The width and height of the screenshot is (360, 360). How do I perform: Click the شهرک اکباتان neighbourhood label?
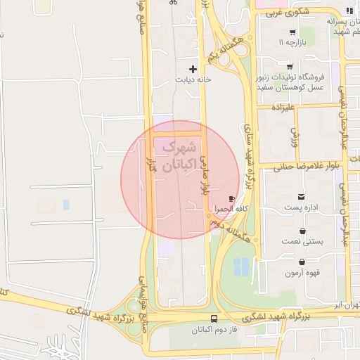[176, 157]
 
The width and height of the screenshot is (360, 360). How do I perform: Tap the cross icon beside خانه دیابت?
[193, 69]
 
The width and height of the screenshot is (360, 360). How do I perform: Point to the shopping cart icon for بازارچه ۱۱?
[292, 32]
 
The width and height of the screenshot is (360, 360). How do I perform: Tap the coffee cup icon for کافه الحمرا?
[232, 200]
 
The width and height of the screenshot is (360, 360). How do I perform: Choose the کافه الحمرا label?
[231, 210]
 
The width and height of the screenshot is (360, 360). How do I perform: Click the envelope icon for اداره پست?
[302, 196]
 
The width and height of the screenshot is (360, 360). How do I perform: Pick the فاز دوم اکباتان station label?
[213, 329]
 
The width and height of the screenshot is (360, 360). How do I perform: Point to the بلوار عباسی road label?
[206, 175]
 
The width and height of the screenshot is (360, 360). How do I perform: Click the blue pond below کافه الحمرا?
[240, 266]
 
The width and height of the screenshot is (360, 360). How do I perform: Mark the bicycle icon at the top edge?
[174, 3]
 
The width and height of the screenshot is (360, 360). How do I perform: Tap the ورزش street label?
[294, 131]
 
